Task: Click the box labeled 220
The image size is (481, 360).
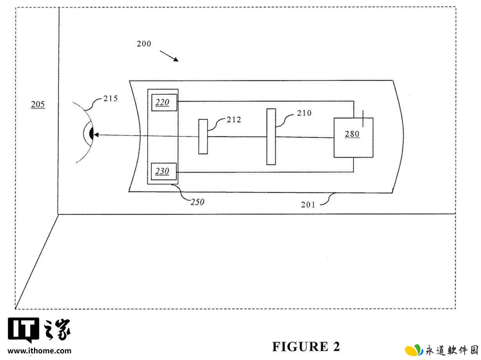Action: [x=164, y=103]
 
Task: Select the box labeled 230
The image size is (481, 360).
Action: [x=164, y=171]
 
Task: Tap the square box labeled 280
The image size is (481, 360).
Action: [x=353, y=138]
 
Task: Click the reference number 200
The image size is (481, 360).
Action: [x=144, y=44]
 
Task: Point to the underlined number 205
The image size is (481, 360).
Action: [x=38, y=104]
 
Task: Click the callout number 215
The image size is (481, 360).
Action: [x=111, y=99]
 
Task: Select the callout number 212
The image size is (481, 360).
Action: [x=234, y=120]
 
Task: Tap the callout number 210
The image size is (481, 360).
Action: [x=304, y=113]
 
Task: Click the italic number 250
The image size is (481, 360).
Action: [x=197, y=202]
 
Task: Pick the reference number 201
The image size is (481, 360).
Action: [x=308, y=205]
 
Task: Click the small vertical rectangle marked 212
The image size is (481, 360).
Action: [x=203, y=137]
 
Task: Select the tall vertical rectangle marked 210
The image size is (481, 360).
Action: [x=271, y=137]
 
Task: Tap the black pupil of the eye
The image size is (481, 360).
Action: [x=92, y=133]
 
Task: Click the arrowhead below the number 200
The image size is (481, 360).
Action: [x=176, y=59]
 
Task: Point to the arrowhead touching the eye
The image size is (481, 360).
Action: [x=96, y=135]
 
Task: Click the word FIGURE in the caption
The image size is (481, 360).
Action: [x=300, y=347]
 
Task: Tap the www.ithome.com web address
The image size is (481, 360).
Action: [x=39, y=351]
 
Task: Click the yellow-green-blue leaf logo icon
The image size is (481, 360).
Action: [x=414, y=350]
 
